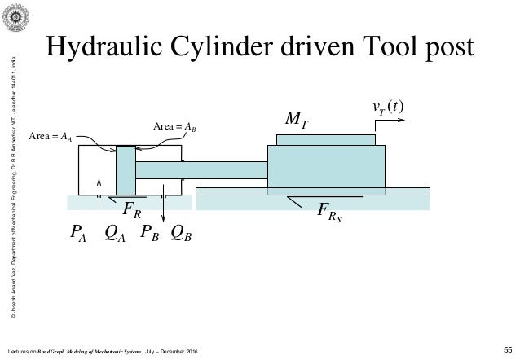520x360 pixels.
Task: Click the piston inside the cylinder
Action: (x=126, y=169)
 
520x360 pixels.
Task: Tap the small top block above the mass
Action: (x=326, y=139)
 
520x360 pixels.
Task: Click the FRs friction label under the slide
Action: (x=330, y=214)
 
